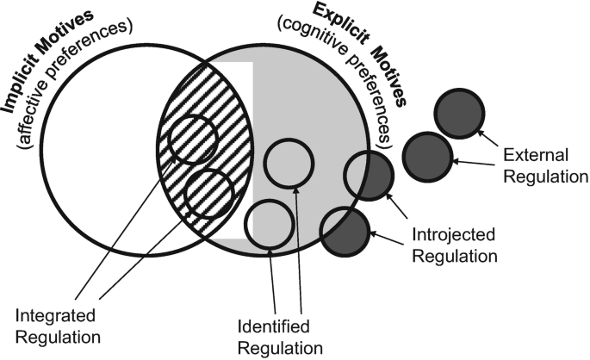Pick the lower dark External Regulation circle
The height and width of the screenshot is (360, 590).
[x=426, y=156]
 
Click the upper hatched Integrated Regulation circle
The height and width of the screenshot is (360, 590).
[x=192, y=139]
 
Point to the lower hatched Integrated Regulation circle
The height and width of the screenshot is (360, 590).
[x=209, y=193]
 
